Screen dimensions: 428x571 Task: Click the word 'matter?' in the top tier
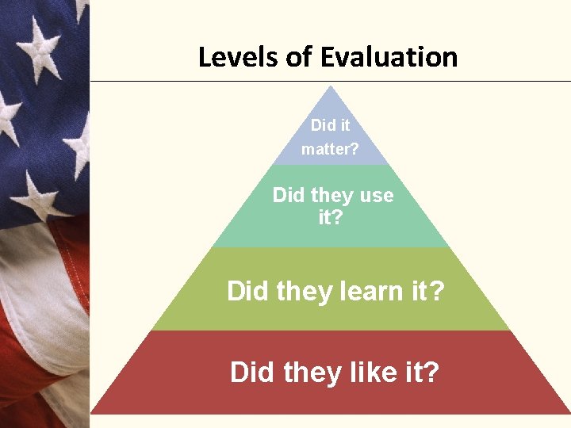(x=330, y=149)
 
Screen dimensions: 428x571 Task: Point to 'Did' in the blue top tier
(x=323, y=125)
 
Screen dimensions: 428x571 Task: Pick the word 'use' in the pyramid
(x=376, y=195)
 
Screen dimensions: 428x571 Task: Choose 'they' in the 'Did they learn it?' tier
(x=307, y=292)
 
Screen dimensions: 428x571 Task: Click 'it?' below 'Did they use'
(x=331, y=216)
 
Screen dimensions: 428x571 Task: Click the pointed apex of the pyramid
(x=331, y=87)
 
